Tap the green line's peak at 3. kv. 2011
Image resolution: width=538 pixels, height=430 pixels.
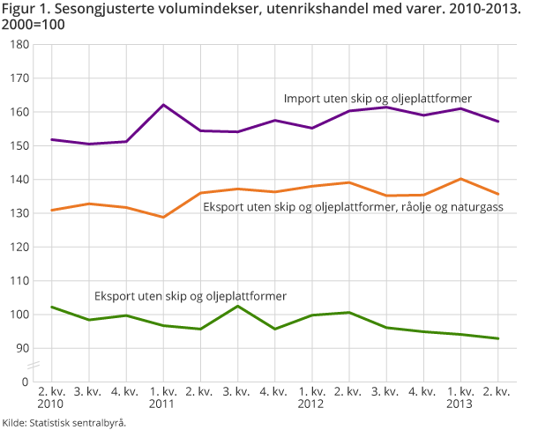[239, 306]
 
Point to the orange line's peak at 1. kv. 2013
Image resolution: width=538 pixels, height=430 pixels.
[461, 179]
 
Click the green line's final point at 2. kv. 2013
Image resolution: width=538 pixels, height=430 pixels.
[498, 338]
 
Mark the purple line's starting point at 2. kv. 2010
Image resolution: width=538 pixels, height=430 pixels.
[52, 139]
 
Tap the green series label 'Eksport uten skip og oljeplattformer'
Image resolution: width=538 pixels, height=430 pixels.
[191, 294]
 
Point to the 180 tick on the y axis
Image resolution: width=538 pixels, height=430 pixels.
[20, 44]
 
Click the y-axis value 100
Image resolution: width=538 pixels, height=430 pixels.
[20, 315]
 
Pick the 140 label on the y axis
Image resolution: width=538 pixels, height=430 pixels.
[20, 179]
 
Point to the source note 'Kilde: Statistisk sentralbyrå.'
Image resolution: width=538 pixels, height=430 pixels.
[64, 423]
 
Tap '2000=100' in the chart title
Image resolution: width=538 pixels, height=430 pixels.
[34, 25]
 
